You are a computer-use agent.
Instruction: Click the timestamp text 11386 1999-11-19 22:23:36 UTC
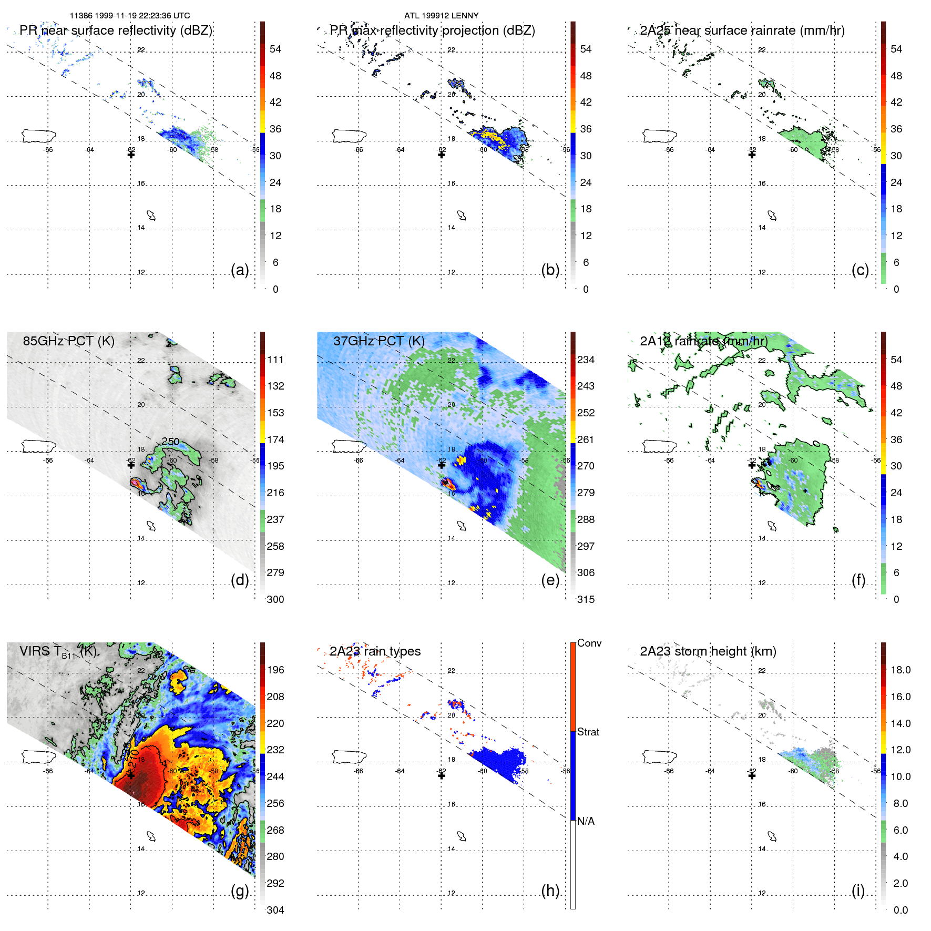pos(130,16)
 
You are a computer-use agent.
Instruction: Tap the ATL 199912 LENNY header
pos(441,16)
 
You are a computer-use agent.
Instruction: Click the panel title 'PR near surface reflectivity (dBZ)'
pos(116,30)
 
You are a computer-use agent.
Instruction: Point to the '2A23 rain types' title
pos(375,651)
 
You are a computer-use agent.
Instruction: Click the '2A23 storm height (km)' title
pos(708,651)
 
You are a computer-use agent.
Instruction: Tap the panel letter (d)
pos(240,580)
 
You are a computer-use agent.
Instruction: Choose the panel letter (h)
pos(550,891)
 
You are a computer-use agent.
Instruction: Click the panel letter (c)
pos(860,270)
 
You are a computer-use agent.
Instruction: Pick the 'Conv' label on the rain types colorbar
pos(589,643)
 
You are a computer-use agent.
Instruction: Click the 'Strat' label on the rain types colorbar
pos(588,732)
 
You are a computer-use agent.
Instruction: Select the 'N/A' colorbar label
pos(586,821)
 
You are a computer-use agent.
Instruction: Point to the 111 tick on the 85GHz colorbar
pos(275,360)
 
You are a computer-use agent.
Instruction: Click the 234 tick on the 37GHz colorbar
pos(586,360)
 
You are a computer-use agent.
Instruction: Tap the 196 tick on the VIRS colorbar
pos(275,670)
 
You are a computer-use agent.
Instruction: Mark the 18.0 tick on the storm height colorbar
pos(900,670)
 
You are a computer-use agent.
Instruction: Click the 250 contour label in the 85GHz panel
pos(170,442)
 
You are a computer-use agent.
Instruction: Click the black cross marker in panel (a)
pos(131,155)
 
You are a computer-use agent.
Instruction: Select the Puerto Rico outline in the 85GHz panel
pos(38,446)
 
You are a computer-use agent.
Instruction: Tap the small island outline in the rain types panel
pos(462,836)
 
